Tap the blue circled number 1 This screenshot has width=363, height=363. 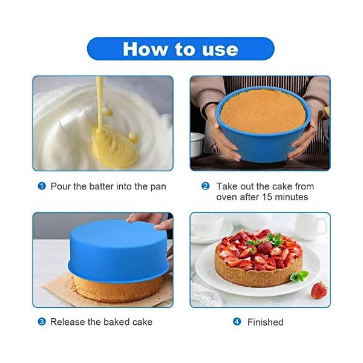pos(42,186)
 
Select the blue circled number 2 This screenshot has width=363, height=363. pos(205,186)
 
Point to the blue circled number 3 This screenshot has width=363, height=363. pos(42,322)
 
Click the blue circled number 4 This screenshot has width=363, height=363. pos(237,322)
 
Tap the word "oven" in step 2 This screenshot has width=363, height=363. pos(227,197)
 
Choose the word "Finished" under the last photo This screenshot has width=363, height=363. pos(265,322)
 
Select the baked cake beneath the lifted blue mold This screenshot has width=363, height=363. pos(109,289)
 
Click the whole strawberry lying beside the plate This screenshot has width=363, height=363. pos(319,290)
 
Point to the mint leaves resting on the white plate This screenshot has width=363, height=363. pos(299,275)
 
